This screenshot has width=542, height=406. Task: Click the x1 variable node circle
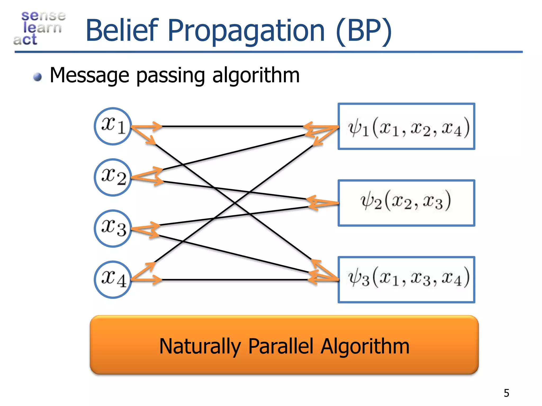pos(113,126)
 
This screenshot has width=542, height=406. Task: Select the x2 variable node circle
pos(113,177)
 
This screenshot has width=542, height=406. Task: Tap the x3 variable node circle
pos(113,229)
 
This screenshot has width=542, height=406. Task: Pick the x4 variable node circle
pos(113,280)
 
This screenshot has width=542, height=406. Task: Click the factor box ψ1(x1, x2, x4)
pos(406,126)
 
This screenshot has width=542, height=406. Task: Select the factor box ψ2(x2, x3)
pos(406,203)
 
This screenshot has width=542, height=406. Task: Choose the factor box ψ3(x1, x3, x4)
pos(406,280)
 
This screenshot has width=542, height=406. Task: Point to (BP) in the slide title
pos(364,31)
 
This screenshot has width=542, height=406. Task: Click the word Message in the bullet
pos(89,75)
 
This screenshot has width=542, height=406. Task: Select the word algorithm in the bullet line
pos(256,76)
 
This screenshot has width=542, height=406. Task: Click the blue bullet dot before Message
pos(38,77)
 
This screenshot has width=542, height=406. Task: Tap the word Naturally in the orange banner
pos(200,346)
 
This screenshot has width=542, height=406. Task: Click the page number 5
pos(506,393)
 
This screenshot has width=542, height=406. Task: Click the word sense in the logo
pos(43,16)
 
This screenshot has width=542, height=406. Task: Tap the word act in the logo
pos(25,40)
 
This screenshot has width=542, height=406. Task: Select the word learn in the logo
pos(42,27)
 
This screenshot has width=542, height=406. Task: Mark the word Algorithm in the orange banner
pos(365,346)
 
